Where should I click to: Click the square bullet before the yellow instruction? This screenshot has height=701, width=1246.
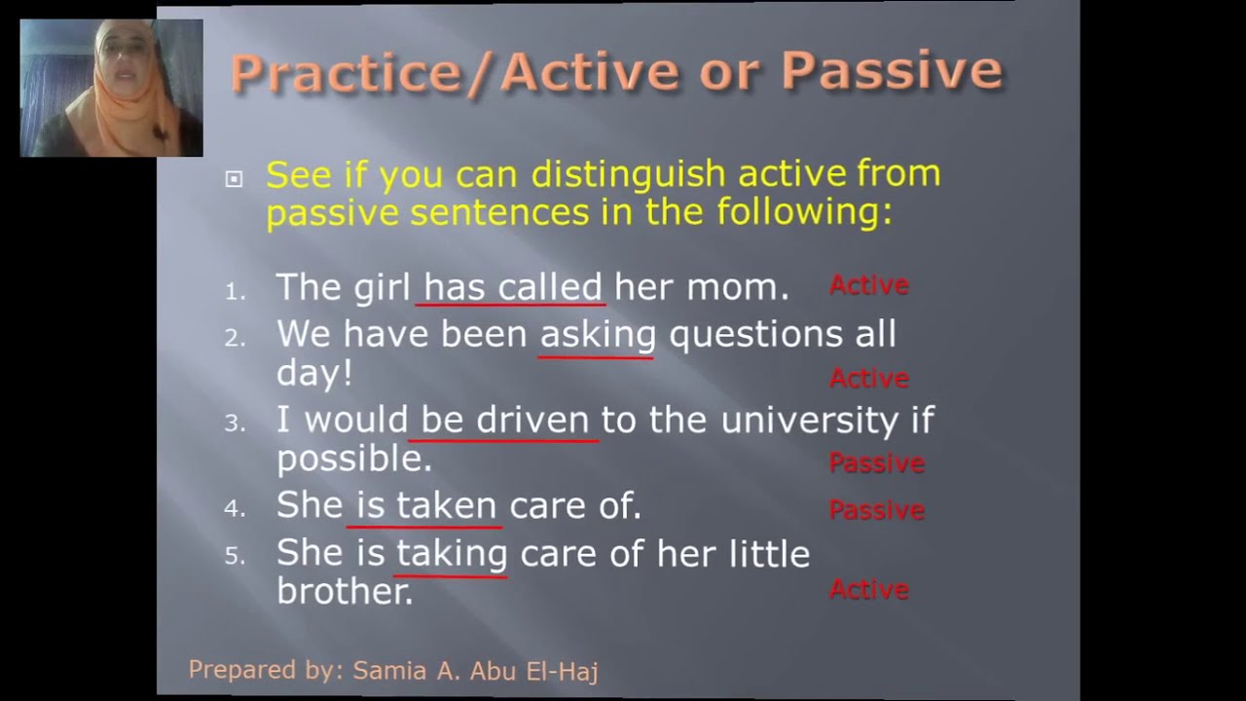pyautogui.click(x=234, y=178)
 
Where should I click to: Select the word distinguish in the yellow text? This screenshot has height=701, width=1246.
pyautogui.click(x=629, y=175)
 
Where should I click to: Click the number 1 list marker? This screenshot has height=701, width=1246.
pyautogui.click(x=235, y=291)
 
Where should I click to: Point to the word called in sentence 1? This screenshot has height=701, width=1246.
pyautogui.click(x=550, y=287)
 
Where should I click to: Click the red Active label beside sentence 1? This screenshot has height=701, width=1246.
pyautogui.click(x=868, y=285)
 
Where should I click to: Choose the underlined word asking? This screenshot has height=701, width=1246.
pyautogui.click(x=598, y=335)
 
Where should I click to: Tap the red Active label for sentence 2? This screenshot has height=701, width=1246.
pyautogui.click(x=868, y=378)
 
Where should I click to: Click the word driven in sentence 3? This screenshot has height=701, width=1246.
pyautogui.click(x=532, y=421)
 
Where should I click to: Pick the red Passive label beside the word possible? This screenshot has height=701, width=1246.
pyautogui.click(x=876, y=462)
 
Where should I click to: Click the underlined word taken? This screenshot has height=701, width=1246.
pyautogui.click(x=447, y=505)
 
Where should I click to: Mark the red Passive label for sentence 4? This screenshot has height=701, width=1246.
pyautogui.click(x=876, y=509)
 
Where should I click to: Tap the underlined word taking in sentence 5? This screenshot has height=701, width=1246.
pyautogui.click(x=451, y=554)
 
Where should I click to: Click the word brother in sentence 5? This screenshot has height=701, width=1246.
pyautogui.click(x=344, y=591)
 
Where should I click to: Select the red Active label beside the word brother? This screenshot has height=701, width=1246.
pyautogui.click(x=868, y=589)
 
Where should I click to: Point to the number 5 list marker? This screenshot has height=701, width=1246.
pyautogui.click(x=235, y=556)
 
